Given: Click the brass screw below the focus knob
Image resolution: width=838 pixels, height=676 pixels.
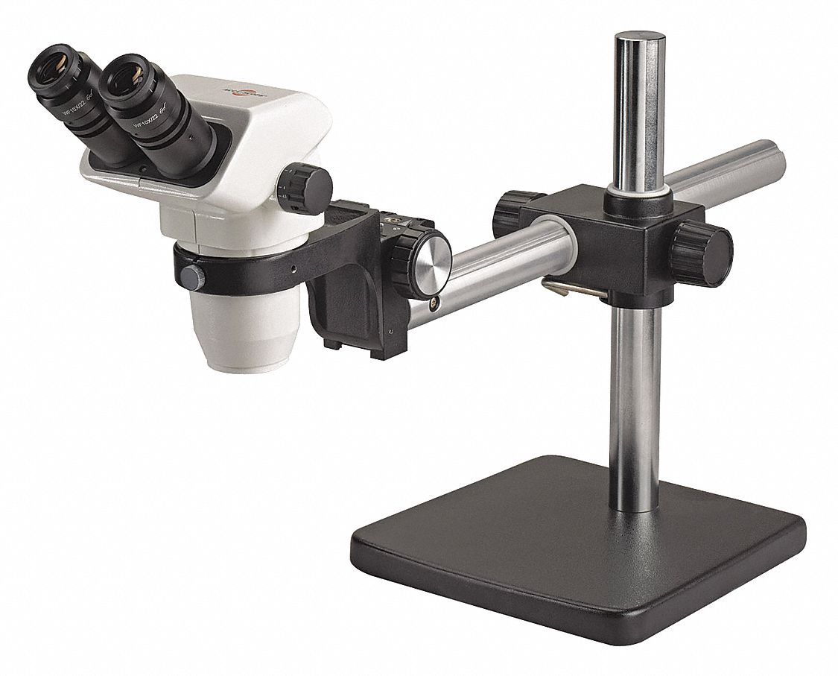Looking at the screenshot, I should tap(434, 302).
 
